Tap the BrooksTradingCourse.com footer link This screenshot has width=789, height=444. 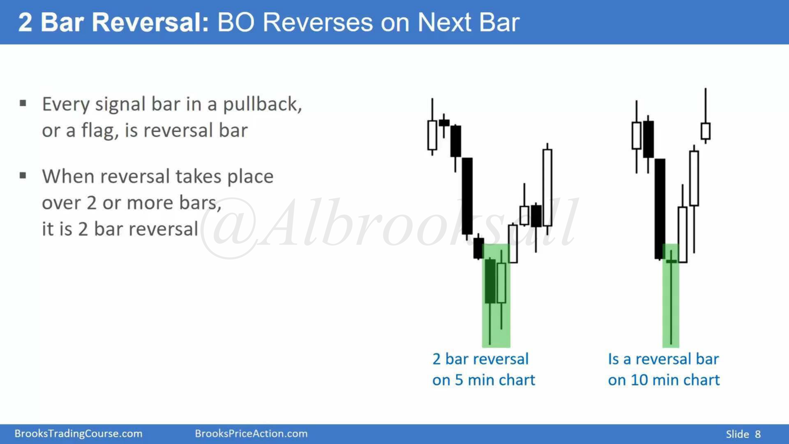point(78,434)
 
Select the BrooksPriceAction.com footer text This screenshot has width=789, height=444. point(251,434)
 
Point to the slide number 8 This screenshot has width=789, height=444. point(758,434)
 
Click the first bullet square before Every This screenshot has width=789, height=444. point(23,103)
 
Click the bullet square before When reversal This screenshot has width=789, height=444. point(23,176)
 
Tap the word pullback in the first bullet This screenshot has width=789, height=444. point(262,104)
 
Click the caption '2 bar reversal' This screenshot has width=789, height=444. point(481,359)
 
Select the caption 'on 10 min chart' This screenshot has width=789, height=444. point(664,380)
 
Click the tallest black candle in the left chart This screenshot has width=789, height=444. point(467,196)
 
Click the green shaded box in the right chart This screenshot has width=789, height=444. point(671,296)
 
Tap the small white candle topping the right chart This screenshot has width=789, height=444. point(706,131)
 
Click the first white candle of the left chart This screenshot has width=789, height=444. point(432,135)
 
